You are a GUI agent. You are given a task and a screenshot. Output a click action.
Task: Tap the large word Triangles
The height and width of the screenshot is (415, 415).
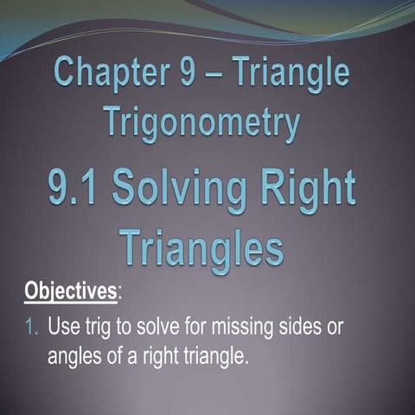click(x=201, y=246)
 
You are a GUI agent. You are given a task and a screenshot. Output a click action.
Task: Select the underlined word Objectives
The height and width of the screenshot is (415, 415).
click(x=70, y=290)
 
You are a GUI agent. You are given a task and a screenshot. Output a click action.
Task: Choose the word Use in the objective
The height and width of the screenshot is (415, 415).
click(x=64, y=329)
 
